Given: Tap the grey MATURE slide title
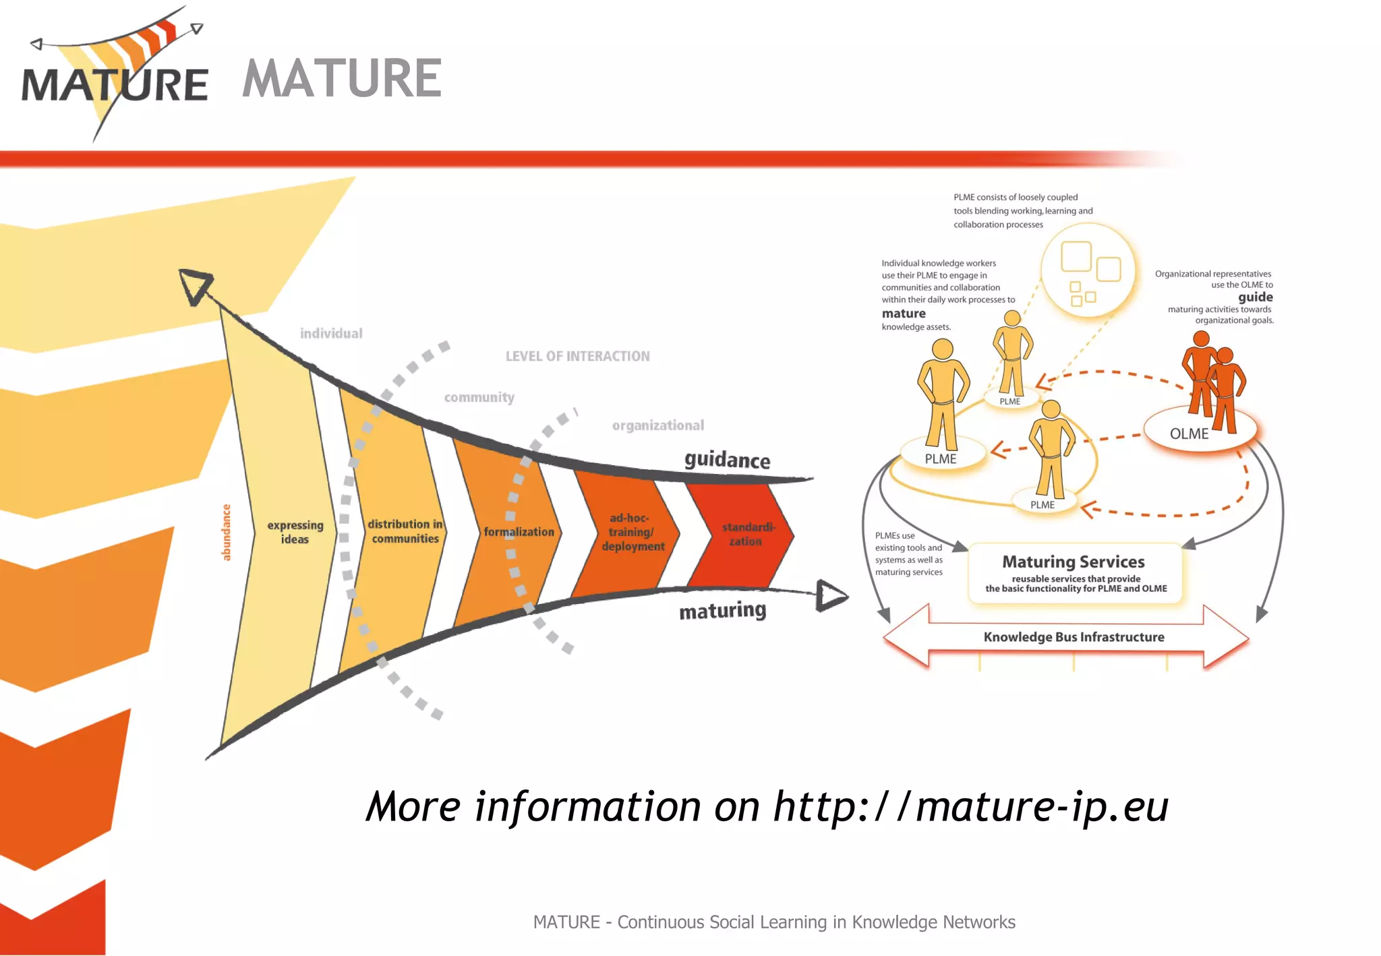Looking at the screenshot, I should click(x=342, y=79).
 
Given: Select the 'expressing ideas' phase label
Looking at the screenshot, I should click(x=295, y=532).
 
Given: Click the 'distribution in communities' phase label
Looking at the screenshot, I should click(x=405, y=531).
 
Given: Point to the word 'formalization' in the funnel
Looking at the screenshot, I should click(x=519, y=532).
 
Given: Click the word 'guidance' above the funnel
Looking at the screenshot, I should click(x=727, y=460).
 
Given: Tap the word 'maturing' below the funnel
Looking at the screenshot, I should click(x=722, y=611).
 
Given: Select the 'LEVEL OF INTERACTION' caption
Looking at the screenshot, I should click(x=578, y=356).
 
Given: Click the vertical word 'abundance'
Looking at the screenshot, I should click(x=227, y=532).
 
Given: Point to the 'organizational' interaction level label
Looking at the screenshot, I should click(x=657, y=425).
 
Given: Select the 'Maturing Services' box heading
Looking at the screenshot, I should click(x=1074, y=562).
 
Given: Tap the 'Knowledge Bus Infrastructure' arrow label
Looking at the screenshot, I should click(x=1074, y=637).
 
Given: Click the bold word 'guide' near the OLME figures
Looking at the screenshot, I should click(x=1256, y=297).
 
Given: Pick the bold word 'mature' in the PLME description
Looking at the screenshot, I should click(x=904, y=313).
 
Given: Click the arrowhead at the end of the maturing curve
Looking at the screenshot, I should click(x=831, y=596).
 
